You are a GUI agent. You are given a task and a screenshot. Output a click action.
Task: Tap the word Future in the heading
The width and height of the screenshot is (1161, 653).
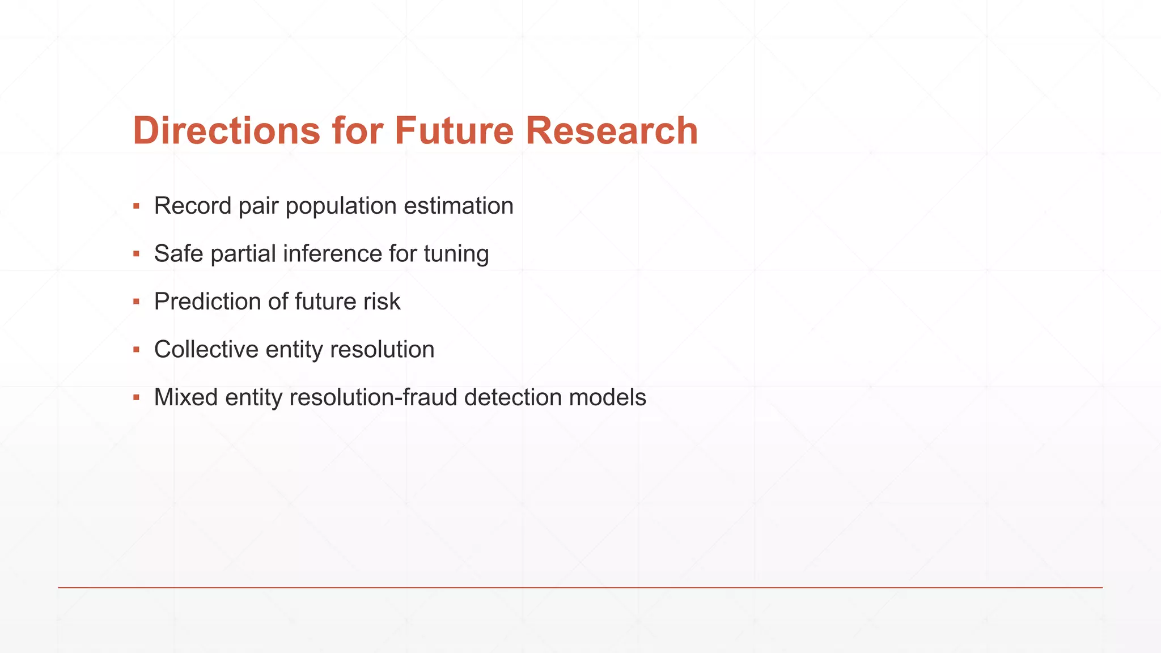pos(454,131)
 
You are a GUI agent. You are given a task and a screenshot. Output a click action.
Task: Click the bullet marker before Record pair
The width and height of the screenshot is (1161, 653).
pos(136,206)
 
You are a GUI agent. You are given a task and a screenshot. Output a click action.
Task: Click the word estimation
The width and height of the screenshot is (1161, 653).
pos(458,206)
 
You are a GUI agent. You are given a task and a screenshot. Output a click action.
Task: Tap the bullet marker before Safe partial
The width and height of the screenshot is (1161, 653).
pos(136,254)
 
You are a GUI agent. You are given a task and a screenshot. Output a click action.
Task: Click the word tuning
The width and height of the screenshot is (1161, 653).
pos(456,255)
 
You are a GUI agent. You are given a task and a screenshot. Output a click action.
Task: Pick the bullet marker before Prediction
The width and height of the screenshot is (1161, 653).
pos(136,302)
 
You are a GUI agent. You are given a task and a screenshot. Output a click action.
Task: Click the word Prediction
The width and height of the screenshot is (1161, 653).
pos(207,302)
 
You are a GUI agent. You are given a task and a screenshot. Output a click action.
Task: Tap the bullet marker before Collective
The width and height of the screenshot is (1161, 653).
pos(136,350)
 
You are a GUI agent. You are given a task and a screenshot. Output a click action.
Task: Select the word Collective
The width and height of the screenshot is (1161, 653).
pos(206,350)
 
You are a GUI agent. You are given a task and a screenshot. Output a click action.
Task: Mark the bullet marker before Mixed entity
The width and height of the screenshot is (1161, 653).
pos(136,397)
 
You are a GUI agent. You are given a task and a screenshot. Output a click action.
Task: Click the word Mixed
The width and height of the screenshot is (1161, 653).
pos(186,397)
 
